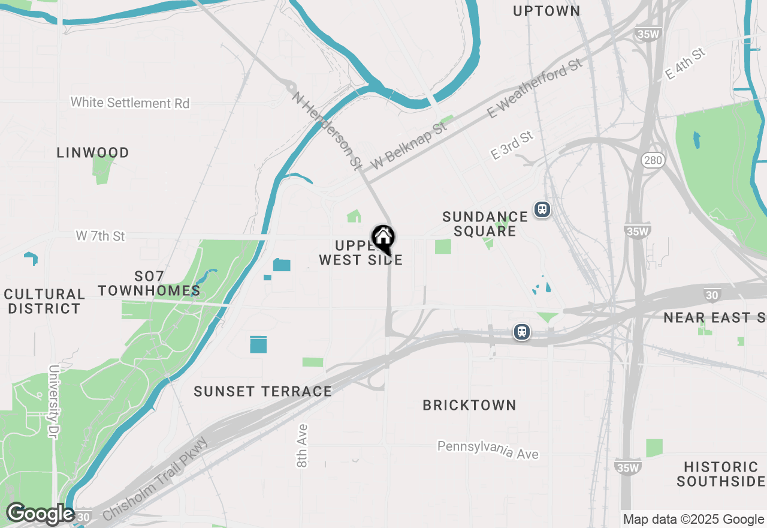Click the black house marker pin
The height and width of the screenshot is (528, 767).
(383, 238)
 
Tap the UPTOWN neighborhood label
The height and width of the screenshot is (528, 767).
(546, 11)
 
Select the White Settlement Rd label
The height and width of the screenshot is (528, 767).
(130, 103)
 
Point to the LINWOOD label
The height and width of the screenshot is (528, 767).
(93, 152)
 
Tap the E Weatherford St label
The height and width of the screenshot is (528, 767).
(535, 88)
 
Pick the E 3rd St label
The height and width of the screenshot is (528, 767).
(512, 146)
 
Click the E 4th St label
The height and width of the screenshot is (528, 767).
(686, 64)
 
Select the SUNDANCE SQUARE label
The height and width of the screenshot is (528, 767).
(485, 223)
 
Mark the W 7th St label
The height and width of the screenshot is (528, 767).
(100, 236)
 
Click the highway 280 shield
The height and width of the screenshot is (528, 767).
(653, 160)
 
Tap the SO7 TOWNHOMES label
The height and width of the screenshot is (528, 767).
(149, 283)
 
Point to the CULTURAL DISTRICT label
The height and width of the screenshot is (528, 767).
(44, 301)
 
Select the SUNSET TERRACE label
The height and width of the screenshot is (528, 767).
(262, 391)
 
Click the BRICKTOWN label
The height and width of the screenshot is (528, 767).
(469, 405)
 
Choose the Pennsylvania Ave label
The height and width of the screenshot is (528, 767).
(488, 449)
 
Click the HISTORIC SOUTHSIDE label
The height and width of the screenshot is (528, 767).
(721, 474)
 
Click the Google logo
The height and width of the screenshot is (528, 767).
(40, 514)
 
